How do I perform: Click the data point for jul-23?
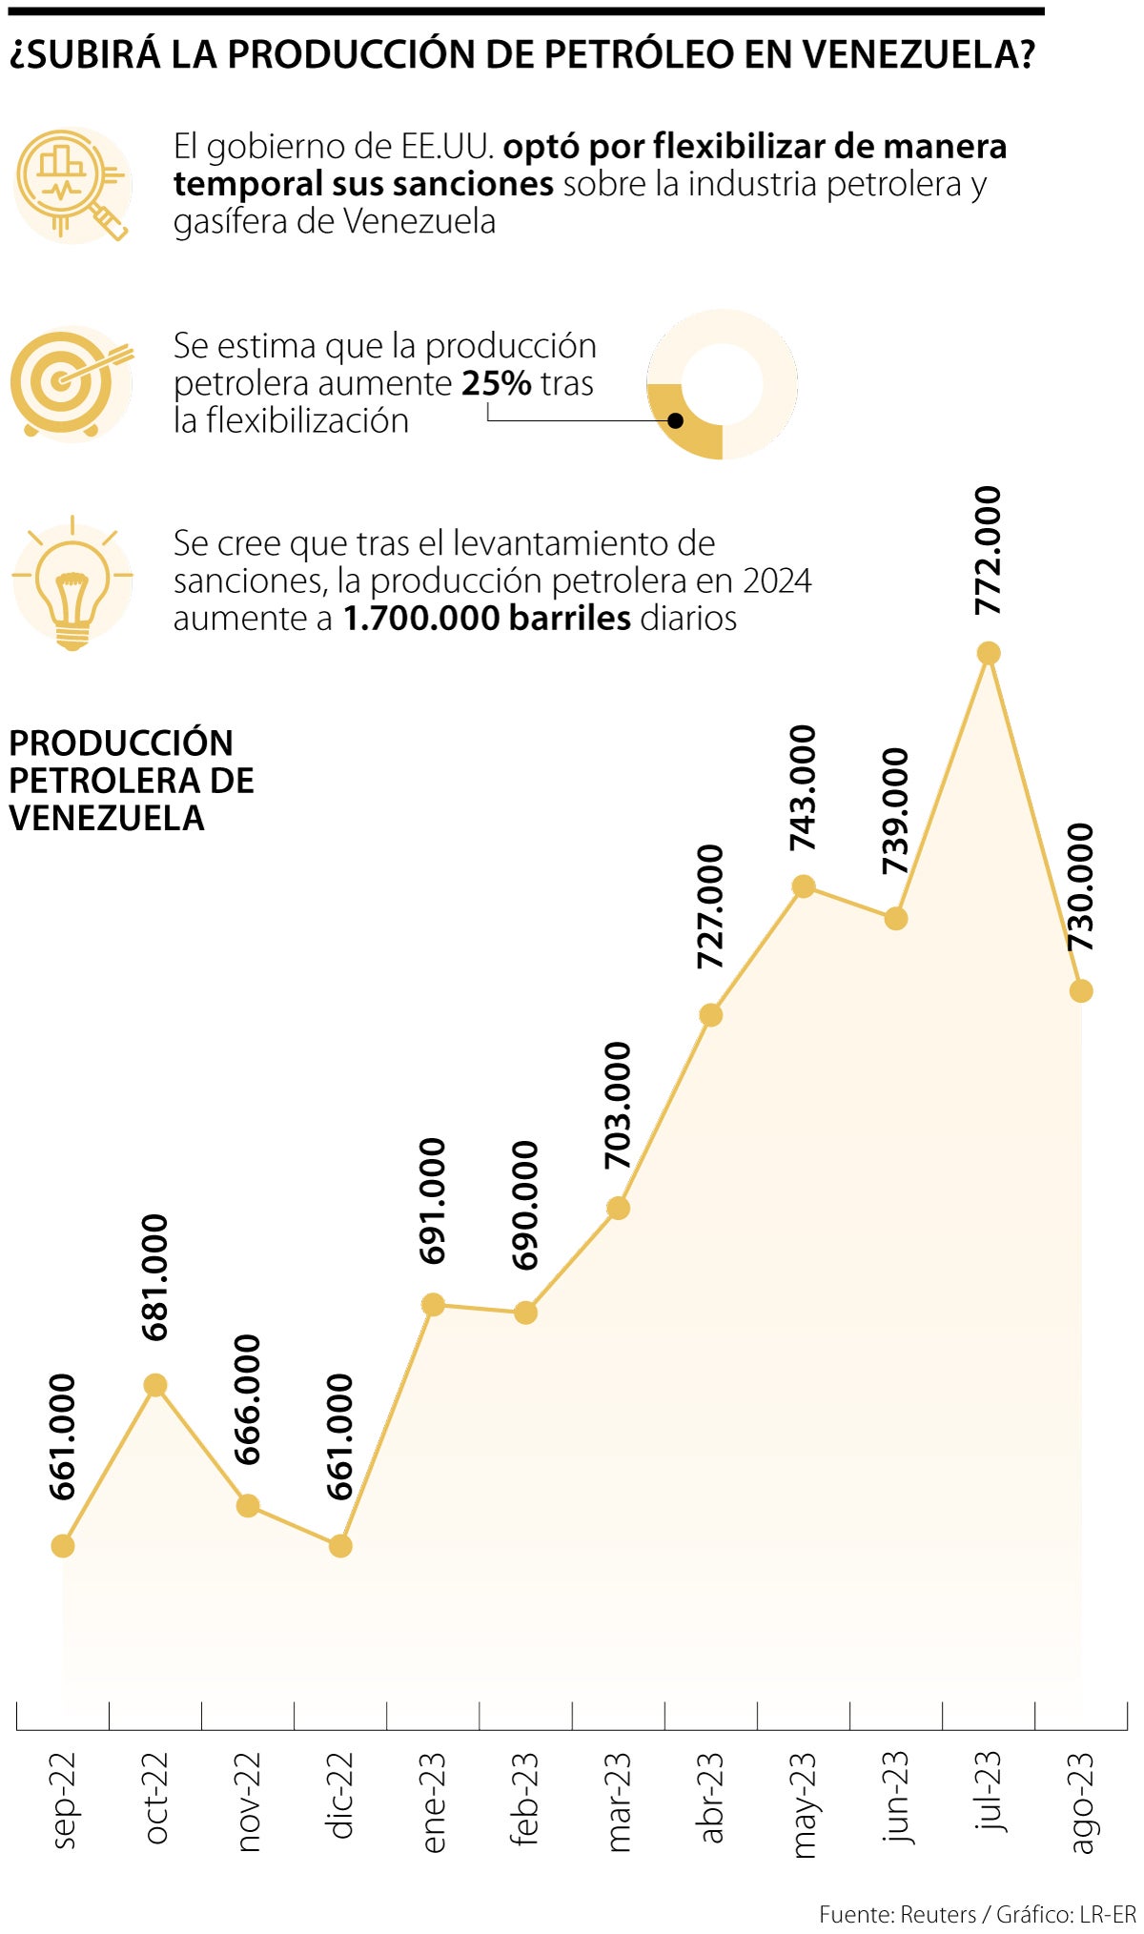tap(989, 653)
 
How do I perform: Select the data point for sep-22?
tap(63, 1545)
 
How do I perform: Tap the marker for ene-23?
tap(433, 1304)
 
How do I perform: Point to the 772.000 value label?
tap(989, 550)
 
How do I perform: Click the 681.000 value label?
tap(154, 1277)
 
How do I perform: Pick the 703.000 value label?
tap(618, 1106)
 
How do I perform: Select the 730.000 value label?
tap(1080, 886)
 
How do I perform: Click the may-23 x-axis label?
tap(804, 1804)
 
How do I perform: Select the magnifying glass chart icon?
tap(72, 184)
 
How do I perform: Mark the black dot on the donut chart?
tap(676, 420)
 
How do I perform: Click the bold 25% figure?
tap(496, 383)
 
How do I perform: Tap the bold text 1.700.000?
tap(421, 619)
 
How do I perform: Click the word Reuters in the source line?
tap(937, 1914)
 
